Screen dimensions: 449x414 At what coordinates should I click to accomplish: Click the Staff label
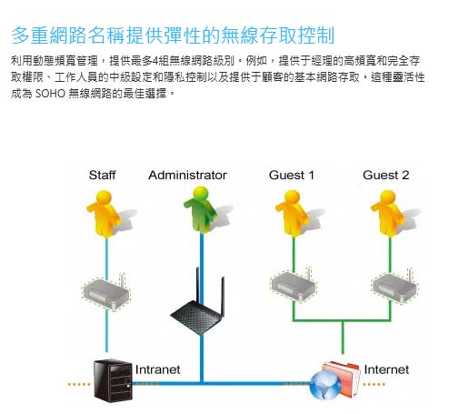pyautogui.click(x=102, y=175)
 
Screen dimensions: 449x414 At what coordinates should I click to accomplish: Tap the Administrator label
pyautogui.click(x=187, y=175)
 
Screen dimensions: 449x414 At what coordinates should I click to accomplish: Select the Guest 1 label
pyautogui.click(x=292, y=175)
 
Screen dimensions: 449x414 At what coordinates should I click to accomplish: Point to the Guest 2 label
pyautogui.click(x=385, y=175)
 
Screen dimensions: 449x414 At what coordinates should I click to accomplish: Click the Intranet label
pyautogui.click(x=157, y=369)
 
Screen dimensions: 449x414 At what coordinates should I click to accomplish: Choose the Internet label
pyautogui.click(x=386, y=369)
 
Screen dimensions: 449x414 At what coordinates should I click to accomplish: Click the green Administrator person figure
pyautogui.click(x=201, y=210)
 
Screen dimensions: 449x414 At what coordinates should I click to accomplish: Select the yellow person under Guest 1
pyautogui.click(x=292, y=213)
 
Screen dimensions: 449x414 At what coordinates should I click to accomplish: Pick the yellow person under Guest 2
pyautogui.click(x=388, y=213)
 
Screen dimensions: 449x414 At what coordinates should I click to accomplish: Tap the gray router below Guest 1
pyautogui.click(x=294, y=285)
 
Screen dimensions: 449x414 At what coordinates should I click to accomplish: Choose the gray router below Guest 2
pyautogui.click(x=394, y=287)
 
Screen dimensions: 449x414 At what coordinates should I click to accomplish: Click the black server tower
pyautogui.click(x=113, y=380)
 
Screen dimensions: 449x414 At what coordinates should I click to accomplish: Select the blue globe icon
pyautogui.click(x=325, y=386)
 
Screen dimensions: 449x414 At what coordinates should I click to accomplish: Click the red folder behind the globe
pyautogui.click(x=343, y=378)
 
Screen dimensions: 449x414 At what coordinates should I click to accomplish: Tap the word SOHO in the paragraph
pyautogui.click(x=50, y=94)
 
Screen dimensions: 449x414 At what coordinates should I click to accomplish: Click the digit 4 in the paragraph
pyautogui.click(x=155, y=61)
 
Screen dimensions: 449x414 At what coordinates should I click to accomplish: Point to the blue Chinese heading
pyautogui.click(x=173, y=35)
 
